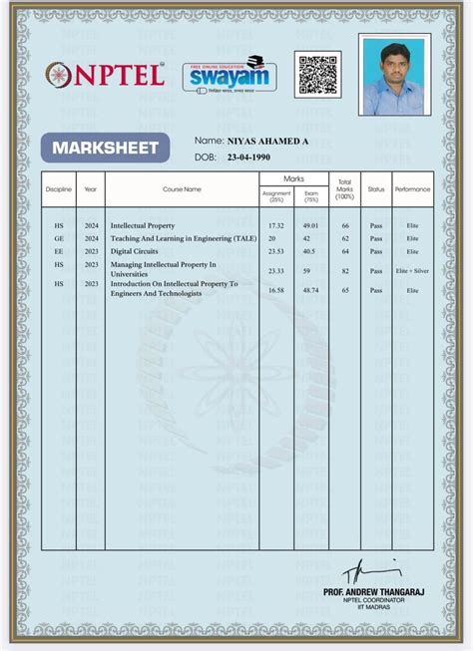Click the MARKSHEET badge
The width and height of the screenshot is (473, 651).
tap(105, 149)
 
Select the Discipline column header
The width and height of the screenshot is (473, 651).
tap(59, 188)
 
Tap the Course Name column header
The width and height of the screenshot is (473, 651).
tap(182, 188)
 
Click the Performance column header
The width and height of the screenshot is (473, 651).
tap(412, 188)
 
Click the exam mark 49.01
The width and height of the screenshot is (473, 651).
tap(310, 226)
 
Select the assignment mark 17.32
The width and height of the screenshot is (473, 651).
tap(276, 226)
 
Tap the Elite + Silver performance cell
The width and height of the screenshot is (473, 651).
tap(412, 270)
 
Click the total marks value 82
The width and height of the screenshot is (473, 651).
tap(345, 270)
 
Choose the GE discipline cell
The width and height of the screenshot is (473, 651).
tap(59, 239)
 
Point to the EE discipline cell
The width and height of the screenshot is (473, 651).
tap(59, 252)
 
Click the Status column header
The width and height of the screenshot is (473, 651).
tap(376, 188)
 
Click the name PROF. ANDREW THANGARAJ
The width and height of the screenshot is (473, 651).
tap(373, 591)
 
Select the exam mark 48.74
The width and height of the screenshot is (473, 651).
tap(310, 289)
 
